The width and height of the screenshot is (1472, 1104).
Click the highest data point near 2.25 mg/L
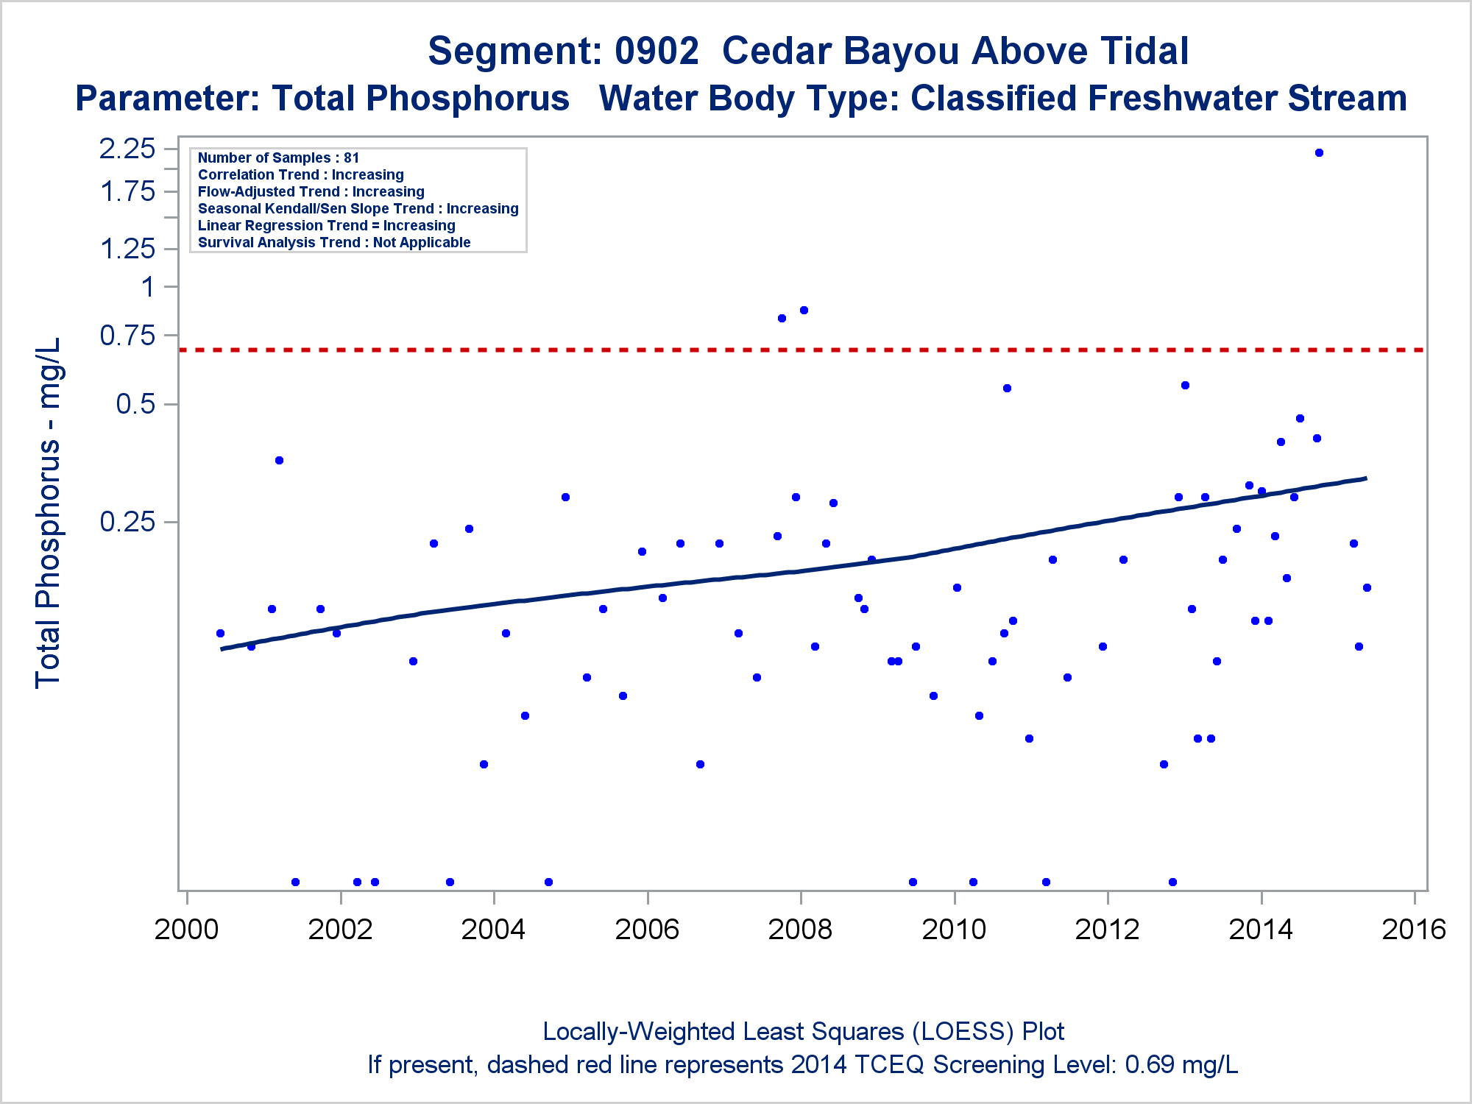coord(1319,153)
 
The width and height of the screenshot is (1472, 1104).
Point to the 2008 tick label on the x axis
coord(800,929)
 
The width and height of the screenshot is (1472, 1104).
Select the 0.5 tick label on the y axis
coord(136,403)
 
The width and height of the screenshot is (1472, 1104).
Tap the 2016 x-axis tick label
coord(1414,929)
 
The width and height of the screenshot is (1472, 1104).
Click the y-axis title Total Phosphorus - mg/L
coord(49,514)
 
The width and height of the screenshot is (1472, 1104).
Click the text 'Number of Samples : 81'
coord(278,158)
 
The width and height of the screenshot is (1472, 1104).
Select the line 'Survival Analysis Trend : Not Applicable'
coord(334,242)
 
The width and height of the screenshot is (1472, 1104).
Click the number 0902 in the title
coord(657,51)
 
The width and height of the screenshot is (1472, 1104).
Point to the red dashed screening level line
coord(802,350)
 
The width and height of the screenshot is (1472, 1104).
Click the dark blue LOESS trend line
coord(793,571)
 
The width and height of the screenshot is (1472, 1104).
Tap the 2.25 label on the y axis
coord(127,149)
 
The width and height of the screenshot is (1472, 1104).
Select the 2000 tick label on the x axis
coord(186,929)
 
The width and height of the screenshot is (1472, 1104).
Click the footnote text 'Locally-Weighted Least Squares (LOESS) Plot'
coord(803,1031)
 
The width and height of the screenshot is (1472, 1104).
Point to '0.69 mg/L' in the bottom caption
coord(1182,1064)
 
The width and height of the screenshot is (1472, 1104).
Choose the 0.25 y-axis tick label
coord(127,521)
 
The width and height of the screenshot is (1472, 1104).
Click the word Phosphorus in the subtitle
coord(468,98)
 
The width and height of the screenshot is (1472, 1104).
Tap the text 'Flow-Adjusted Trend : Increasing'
coord(311,191)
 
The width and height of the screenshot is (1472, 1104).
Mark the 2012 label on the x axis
coord(1107,929)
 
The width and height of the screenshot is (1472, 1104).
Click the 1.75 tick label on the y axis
coord(127,191)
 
